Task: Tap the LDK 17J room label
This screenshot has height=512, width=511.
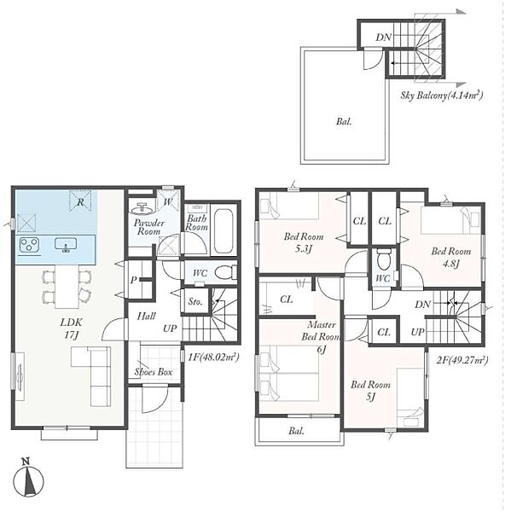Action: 71,329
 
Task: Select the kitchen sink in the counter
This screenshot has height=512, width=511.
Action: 66,245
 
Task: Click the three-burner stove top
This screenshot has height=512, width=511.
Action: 29,245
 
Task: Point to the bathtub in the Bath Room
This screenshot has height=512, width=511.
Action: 224,230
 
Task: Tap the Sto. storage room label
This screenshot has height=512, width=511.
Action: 195,302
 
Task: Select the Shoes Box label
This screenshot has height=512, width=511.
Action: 154,371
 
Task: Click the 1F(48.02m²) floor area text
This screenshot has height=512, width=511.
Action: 214,357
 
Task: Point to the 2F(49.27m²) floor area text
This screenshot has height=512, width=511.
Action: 462,360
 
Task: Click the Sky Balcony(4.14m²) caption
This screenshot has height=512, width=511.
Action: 442,96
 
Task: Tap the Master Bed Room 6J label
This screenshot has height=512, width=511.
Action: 322,336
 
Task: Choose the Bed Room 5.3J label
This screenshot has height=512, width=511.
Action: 304,242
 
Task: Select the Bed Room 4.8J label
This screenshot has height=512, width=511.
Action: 451,258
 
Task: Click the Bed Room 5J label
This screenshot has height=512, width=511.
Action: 370,391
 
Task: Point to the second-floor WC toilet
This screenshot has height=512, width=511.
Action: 383,259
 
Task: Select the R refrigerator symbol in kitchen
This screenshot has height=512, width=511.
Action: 80,201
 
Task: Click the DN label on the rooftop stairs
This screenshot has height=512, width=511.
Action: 383,38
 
